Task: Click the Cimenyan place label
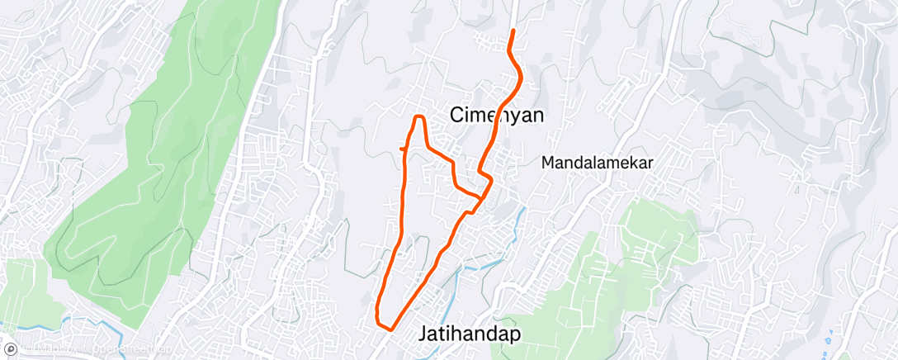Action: [x=498, y=116]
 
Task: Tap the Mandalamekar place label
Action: [x=597, y=163]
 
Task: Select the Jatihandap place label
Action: [x=469, y=334]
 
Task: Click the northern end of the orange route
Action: [x=513, y=31]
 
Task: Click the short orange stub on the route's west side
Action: [x=403, y=148]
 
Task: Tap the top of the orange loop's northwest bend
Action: [x=418, y=117]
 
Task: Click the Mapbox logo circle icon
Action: [x=11, y=350]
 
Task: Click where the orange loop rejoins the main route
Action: [x=480, y=198]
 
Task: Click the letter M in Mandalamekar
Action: [x=548, y=163]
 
